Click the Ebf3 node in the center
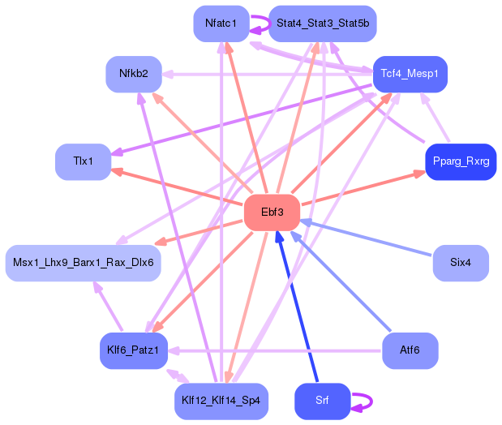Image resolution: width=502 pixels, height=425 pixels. [x=272, y=212]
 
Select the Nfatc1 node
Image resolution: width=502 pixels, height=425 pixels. [x=221, y=24]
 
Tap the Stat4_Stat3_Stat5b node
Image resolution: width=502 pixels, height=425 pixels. [x=322, y=24]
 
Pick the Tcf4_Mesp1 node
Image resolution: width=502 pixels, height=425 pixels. [x=410, y=74]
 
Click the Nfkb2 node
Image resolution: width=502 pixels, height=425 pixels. [x=134, y=74]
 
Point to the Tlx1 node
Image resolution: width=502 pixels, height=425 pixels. [x=83, y=161]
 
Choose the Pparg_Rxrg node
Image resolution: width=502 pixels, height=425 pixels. [x=461, y=161]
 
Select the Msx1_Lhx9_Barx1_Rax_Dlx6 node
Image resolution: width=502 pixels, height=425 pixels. [x=83, y=264]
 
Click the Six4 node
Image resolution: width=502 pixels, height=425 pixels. [x=461, y=264]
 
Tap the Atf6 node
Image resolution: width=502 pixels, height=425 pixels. [x=410, y=350]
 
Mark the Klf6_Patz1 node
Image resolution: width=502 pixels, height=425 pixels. [x=134, y=350]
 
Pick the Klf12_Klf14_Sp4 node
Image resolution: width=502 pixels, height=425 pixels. [x=221, y=401]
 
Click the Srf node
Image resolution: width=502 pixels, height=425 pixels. [x=322, y=401]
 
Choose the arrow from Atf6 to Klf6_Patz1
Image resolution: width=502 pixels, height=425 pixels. [x=276, y=351]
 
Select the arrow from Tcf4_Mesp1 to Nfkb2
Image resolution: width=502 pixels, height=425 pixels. [x=268, y=75]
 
